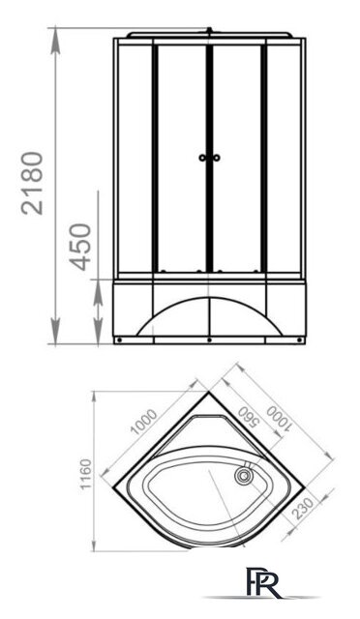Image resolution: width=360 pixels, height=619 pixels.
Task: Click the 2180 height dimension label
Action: pos(34,183)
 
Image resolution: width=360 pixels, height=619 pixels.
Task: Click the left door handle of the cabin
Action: pos(201,158)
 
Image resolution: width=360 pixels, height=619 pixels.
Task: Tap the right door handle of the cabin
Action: pos(220,158)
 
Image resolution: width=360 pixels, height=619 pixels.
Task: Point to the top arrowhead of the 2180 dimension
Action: pos(55,34)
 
